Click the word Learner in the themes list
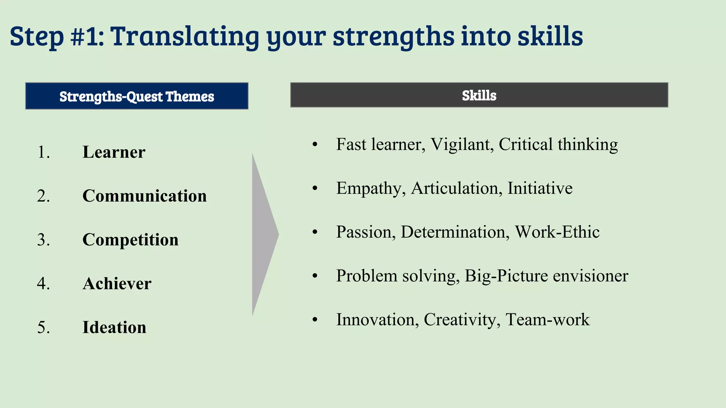tap(114, 152)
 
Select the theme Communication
tap(144, 196)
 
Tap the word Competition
tap(130, 240)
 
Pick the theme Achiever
tap(117, 284)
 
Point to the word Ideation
tap(114, 327)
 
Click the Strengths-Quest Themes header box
tap(136, 96)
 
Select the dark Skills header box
tap(479, 95)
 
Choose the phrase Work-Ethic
tap(557, 232)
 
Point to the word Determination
tap(455, 232)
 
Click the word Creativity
tap(462, 320)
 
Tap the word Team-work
tap(547, 320)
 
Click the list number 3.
tap(43, 240)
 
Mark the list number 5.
tap(43, 327)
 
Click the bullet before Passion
tap(315, 232)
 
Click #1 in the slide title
tap(87, 36)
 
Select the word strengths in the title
tap(393, 37)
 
